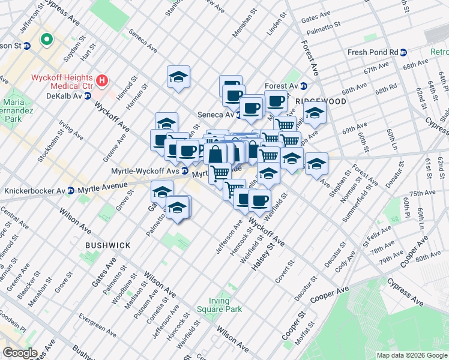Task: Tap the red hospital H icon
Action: [102, 79]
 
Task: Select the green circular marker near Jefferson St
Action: [45, 41]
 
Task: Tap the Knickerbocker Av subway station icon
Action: [71, 191]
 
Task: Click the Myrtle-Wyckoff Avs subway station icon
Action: [185, 170]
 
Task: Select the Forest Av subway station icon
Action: [304, 86]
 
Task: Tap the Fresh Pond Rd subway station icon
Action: [405, 52]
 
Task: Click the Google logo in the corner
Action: [20, 353]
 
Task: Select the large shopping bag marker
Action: [215, 154]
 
